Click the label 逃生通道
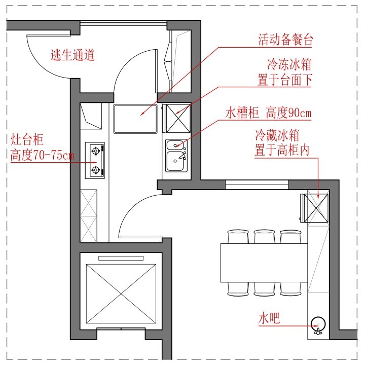72,55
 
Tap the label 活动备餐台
285,40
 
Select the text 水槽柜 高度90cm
268,113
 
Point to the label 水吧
269,318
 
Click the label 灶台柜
27,139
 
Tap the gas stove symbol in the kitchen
95,160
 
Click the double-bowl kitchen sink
176,156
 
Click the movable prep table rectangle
135,119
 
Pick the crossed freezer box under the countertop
178,119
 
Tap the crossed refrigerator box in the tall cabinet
316,208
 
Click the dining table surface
264,263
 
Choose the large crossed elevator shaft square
121,294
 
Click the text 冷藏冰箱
277,135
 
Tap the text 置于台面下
285,80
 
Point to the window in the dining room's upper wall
257,185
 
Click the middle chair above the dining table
264,237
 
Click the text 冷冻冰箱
289,64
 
